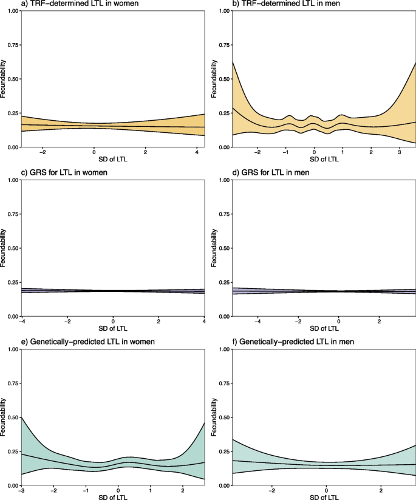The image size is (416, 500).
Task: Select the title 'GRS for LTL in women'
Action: [x=43, y=174]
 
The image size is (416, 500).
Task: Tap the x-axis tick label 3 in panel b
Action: [x=399, y=154]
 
